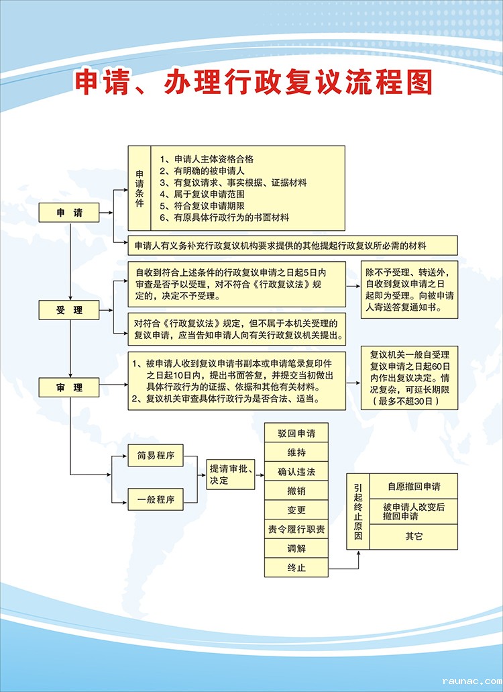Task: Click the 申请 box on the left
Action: (69, 213)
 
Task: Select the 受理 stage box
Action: (69, 310)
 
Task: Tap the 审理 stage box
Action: (69, 387)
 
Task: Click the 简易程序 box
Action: (156, 456)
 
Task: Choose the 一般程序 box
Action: (156, 500)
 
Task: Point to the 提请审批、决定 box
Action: (230, 475)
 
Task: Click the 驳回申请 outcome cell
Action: (296, 432)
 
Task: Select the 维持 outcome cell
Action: (296, 452)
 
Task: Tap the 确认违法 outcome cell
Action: (296, 471)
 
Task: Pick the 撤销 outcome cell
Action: (296, 491)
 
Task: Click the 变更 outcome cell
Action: (296, 510)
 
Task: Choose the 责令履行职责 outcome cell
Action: (296, 530)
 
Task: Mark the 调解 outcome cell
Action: (296, 549)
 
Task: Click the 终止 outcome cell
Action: (296, 569)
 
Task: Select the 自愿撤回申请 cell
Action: (413, 486)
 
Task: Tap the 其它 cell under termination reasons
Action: (413, 536)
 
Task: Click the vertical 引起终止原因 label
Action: (358, 511)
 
